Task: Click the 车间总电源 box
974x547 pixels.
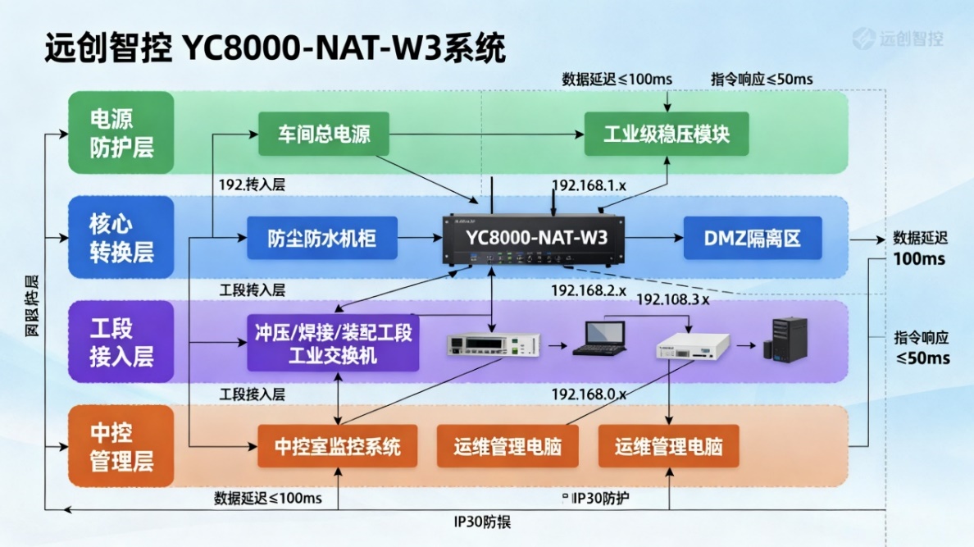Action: [324, 134]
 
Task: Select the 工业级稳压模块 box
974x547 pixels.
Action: [666, 134]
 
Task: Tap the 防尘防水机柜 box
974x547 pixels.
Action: [322, 238]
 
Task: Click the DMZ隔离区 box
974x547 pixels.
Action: [752, 238]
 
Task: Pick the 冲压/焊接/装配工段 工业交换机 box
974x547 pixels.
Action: [333, 344]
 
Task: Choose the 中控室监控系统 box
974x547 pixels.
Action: [338, 447]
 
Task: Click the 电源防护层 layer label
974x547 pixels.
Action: [121, 133]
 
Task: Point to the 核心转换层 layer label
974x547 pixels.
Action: [121, 238]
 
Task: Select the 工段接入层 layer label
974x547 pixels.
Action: [121, 342]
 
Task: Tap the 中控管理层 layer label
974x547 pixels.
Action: [121, 447]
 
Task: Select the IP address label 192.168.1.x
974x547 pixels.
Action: [589, 185]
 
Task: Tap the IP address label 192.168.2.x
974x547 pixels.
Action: [589, 290]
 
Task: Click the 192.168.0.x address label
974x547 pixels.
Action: [589, 394]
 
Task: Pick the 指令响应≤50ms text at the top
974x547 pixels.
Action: [762, 79]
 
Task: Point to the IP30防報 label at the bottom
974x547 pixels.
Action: [483, 522]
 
